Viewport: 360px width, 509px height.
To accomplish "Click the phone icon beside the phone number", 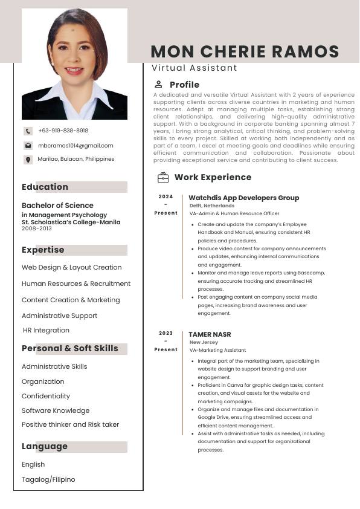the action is [28, 131].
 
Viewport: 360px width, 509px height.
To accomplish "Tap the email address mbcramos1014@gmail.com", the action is [76, 146].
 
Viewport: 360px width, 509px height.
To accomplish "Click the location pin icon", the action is [28, 160].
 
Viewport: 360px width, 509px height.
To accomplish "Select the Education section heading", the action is [45, 187].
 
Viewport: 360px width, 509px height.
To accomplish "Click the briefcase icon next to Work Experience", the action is [163, 178].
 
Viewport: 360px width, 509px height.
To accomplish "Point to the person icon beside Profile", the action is [158, 85].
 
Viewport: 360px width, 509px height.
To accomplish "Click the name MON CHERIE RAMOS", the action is [245, 51].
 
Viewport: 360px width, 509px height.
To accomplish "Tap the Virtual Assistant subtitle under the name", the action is [194, 68].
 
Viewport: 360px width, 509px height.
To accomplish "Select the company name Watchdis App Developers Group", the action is [243, 198].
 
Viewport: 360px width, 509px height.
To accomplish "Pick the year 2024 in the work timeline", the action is [166, 196].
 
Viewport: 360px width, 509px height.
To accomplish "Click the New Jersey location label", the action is [204, 342].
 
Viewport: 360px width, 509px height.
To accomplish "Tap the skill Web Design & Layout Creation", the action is [71, 267].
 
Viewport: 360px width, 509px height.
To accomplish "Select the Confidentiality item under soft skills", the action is [46, 396].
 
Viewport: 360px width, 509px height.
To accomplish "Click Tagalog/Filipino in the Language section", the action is [48, 479].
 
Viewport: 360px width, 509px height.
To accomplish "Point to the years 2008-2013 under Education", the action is [37, 229].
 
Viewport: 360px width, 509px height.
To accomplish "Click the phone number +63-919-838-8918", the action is [63, 131].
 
